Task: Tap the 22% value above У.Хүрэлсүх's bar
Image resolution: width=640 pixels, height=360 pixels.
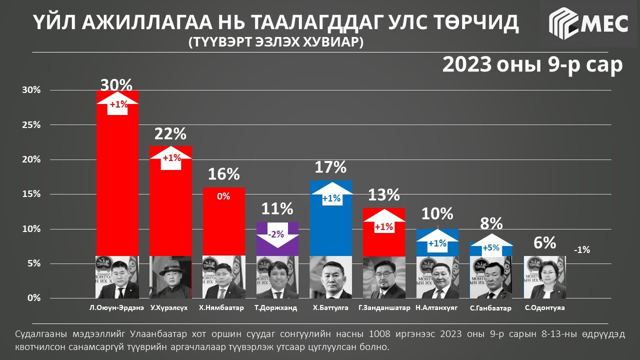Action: click(170, 133)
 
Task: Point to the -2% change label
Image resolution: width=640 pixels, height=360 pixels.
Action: click(277, 234)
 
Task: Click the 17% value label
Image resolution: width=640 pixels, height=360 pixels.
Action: click(330, 167)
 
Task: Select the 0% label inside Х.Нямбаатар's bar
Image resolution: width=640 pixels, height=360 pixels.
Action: click(223, 196)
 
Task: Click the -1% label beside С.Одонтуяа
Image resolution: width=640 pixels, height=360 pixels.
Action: click(581, 249)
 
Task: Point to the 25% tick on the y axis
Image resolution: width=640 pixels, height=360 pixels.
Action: click(31, 125)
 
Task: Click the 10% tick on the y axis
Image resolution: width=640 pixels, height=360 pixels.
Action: click(31, 229)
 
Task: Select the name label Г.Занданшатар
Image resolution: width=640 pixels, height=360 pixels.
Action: click(384, 308)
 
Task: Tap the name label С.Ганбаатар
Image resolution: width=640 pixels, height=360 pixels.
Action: click(491, 308)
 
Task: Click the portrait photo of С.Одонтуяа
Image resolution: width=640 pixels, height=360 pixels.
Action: click(544, 277)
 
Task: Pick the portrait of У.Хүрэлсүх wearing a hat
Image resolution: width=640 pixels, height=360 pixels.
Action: click(170, 277)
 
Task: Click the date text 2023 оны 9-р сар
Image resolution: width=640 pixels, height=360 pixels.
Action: click(532, 65)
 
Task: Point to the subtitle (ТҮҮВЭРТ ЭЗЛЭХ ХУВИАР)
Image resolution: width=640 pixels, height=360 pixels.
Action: click(275, 42)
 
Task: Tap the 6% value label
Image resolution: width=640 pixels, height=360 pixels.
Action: click(544, 243)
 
